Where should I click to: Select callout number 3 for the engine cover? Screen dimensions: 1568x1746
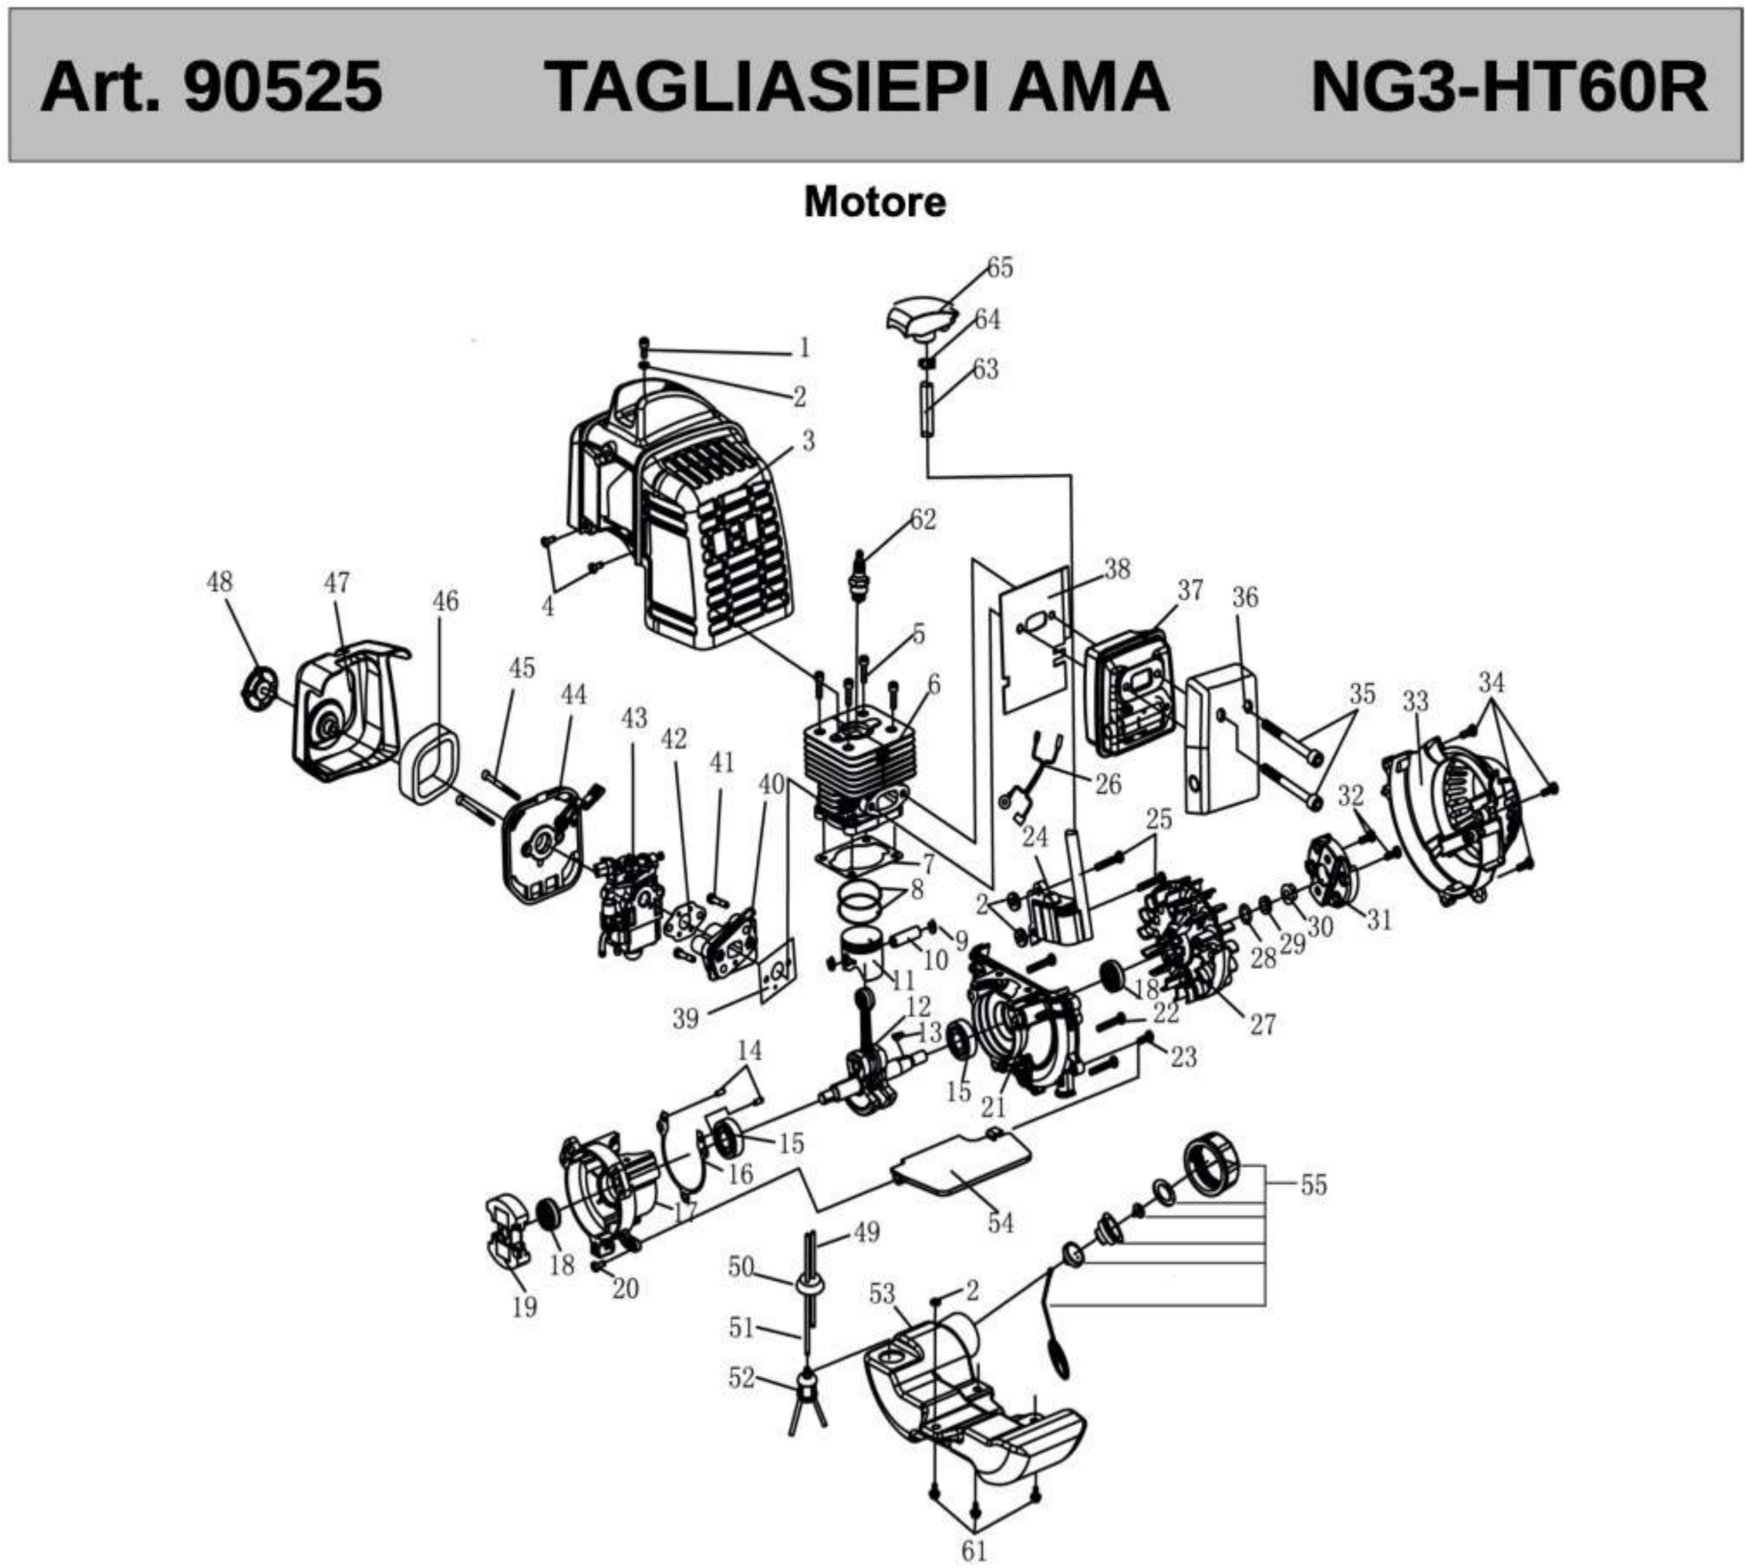pyautogui.click(x=807, y=441)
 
